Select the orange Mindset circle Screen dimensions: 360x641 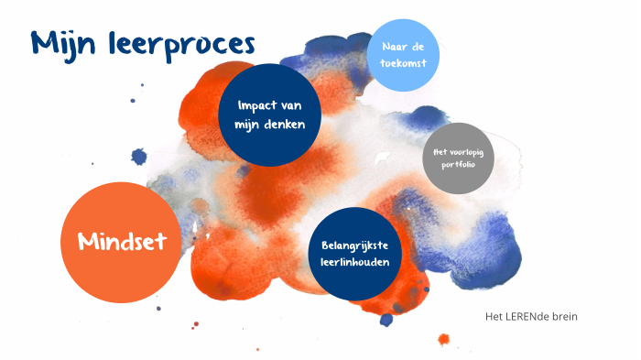(120, 241)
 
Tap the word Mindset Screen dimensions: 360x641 (122, 242)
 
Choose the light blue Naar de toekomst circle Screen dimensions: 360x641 (403, 55)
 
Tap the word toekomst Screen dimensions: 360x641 (404, 64)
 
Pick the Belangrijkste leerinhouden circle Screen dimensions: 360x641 (356, 254)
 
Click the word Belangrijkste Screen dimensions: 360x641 (356, 245)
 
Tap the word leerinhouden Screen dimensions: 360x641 (356, 263)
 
